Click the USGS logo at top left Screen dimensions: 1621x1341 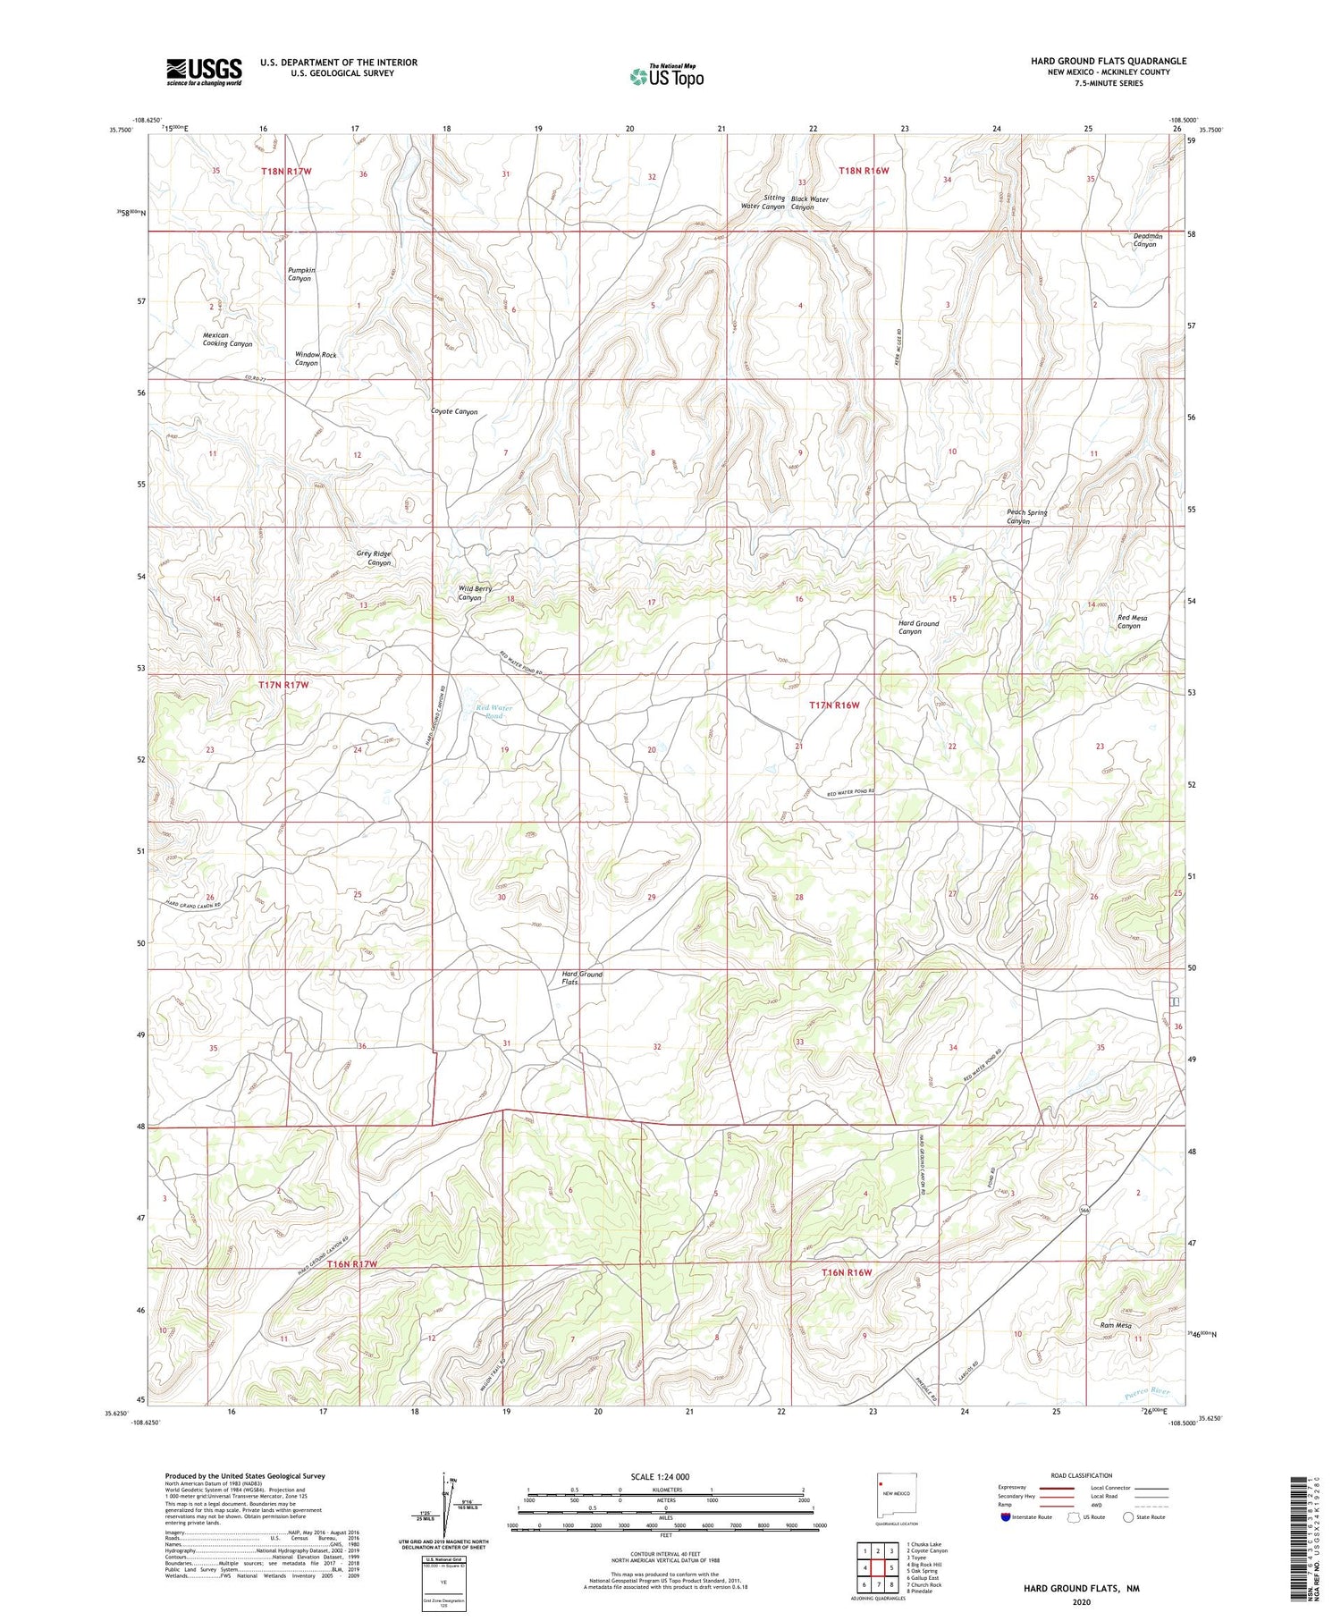click(x=204, y=72)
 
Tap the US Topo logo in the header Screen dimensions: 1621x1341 click(x=666, y=77)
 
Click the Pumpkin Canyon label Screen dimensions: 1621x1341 click(x=300, y=274)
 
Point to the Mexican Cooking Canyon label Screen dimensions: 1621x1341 click(x=227, y=340)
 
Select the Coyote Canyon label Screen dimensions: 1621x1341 click(x=454, y=412)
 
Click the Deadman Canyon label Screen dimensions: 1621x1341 click(x=1148, y=241)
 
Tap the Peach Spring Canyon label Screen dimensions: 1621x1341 click(x=1026, y=517)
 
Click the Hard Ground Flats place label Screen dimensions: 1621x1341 click(x=581, y=977)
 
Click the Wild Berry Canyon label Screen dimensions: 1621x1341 click(x=475, y=593)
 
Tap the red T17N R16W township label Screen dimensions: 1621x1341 click(x=833, y=705)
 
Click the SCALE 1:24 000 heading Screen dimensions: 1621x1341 click(x=659, y=1476)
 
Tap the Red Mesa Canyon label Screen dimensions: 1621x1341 click(x=1132, y=621)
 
